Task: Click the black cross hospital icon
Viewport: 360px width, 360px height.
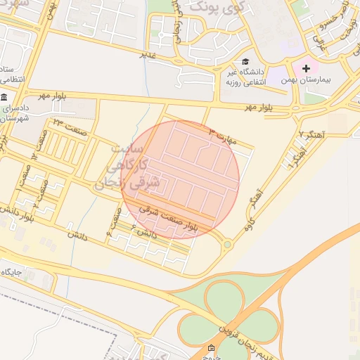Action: point(306,68)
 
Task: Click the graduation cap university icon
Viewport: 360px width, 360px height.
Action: point(245,61)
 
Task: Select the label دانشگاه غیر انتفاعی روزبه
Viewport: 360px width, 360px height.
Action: point(243,76)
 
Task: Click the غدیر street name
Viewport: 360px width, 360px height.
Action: point(147,53)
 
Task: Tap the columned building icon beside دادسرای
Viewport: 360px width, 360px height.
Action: point(4,96)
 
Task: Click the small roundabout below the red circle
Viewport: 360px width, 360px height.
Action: point(227,245)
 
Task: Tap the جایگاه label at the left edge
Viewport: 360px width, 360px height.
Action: point(13,271)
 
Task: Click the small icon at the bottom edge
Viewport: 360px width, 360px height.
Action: point(212,349)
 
